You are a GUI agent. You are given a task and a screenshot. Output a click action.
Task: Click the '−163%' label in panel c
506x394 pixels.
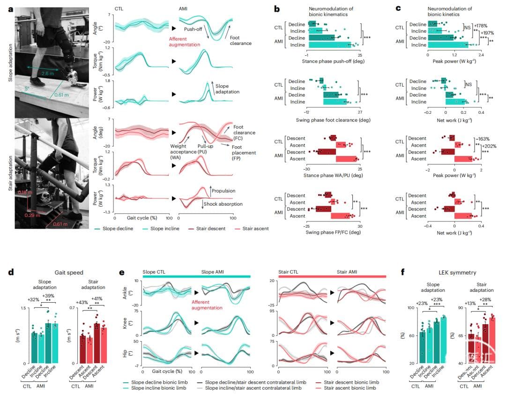(x=483, y=139)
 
